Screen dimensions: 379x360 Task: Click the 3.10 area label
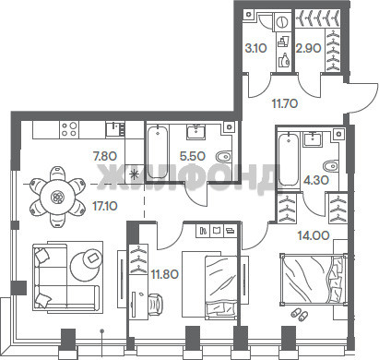coord(255,48)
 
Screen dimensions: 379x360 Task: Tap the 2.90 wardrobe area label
coord(308,48)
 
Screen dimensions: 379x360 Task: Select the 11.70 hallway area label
coord(285,103)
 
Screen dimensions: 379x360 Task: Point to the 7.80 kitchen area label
coord(105,156)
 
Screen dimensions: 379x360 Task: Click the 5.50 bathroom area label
coord(193,156)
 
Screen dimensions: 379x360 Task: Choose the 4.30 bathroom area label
coord(316,180)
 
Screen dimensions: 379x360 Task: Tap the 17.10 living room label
coord(105,206)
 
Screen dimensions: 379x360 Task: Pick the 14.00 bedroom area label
coord(314,235)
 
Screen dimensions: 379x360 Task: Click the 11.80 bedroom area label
coord(165,273)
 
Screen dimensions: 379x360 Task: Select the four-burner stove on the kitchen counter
coord(69,129)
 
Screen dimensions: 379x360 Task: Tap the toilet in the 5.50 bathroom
coord(223,157)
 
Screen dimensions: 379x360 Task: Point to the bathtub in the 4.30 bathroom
coord(289,159)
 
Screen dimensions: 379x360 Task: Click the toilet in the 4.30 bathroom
coord(331,165)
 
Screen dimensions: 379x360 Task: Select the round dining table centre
coord(57,197)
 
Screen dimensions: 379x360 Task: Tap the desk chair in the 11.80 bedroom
coord(156,305)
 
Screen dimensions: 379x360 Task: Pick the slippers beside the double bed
coord(299,315)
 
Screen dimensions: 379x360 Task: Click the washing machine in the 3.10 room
coord(282,21)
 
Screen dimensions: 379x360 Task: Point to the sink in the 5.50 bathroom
coord(195,132)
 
